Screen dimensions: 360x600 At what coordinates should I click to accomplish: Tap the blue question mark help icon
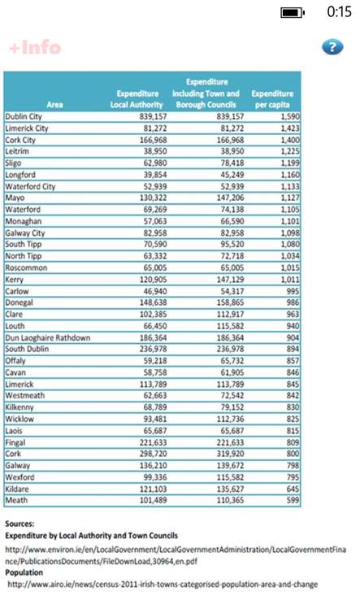pyautogui.click(x=332, y=47)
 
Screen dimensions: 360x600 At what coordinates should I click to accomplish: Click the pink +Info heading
pyautogui.click(x=35, y=48)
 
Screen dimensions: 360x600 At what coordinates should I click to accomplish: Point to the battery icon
pyautogui.click(x=293, y=13)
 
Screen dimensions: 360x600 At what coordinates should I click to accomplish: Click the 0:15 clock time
pyautogui.click(x=339, y=12)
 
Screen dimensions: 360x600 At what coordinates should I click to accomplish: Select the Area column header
pyautogui.click(x=54, y=104)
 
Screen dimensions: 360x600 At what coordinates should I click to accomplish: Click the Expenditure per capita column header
pyautogui.click(x=272, y=98)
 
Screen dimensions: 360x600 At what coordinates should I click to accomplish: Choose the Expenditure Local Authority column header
pyautogui.click(x=137, y=98)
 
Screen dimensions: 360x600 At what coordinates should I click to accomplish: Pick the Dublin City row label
pyautogui.click(x=24, y=116)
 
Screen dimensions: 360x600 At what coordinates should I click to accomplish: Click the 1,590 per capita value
pyautogui.click(x=290, y=116)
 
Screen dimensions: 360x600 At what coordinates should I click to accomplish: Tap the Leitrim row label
pyautogui.click(x=17, y=151)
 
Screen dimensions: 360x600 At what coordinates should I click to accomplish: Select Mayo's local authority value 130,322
pyautogui.click(x=153, y=198)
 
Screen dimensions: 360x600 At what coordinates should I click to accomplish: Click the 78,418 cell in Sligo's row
pyautogui.click(x=232, y=163)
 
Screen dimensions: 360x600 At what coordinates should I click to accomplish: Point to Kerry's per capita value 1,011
pyautogui.click(x=290, y=280)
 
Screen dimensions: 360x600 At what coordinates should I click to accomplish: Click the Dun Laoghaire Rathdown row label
pyautogui.click(x=48, y=338)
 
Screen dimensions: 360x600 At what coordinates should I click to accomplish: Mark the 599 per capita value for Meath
pyautogui.click(x=293, y=500)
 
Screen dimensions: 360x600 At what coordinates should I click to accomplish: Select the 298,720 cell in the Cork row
pyautogui.click(x=153, y=454)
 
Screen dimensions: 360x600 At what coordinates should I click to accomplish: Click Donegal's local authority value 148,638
pyautogui.click(x=153, y=302)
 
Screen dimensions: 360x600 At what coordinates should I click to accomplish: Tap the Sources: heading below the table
pyautogui.click(x=20, y=524)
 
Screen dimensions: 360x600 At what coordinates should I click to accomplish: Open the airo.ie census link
pyautogui.click(x=163, y=585)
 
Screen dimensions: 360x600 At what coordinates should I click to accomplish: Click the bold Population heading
pyautogui.click(x=24, y=572)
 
